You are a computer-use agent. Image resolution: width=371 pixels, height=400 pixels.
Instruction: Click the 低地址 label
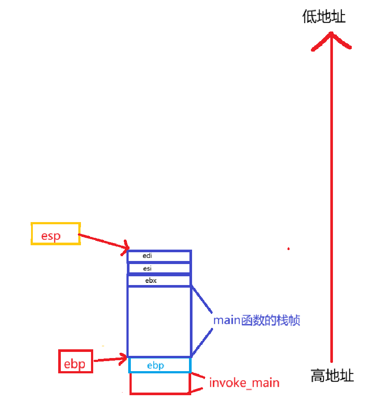click(x=324, y=17)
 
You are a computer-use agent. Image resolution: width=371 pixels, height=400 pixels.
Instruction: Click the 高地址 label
click(x=332, y=376)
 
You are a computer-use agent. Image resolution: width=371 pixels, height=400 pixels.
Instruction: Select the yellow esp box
click(x=56, y=233)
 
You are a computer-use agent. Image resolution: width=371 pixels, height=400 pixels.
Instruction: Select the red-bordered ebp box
click(x=75, y=361)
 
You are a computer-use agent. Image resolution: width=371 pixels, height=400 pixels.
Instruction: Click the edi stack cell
click(x=159, y=256)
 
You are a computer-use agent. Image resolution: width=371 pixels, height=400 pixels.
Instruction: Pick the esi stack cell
click(x=159, y=268)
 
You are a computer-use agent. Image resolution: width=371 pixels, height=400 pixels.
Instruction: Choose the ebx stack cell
click(x=159, y=280)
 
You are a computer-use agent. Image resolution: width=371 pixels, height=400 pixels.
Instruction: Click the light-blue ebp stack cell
click(x=160, y=365)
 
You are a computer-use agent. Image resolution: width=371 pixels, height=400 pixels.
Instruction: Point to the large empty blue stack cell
click(x=159, y=321)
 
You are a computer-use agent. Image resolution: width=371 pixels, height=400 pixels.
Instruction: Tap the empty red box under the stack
click(x=160, y=383)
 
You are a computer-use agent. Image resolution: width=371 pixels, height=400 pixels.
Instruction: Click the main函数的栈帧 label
click(x=256, y=320)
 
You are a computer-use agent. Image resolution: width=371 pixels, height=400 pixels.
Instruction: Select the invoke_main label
click(x=244, y=383)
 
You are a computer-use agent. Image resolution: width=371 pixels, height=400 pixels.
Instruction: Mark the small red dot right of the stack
click(x=288, y=249)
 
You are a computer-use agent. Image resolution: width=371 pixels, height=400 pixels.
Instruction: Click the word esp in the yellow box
click(x=51, y=236)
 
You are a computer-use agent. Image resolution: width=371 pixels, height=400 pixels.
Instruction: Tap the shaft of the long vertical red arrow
click(x=332, y=197)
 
